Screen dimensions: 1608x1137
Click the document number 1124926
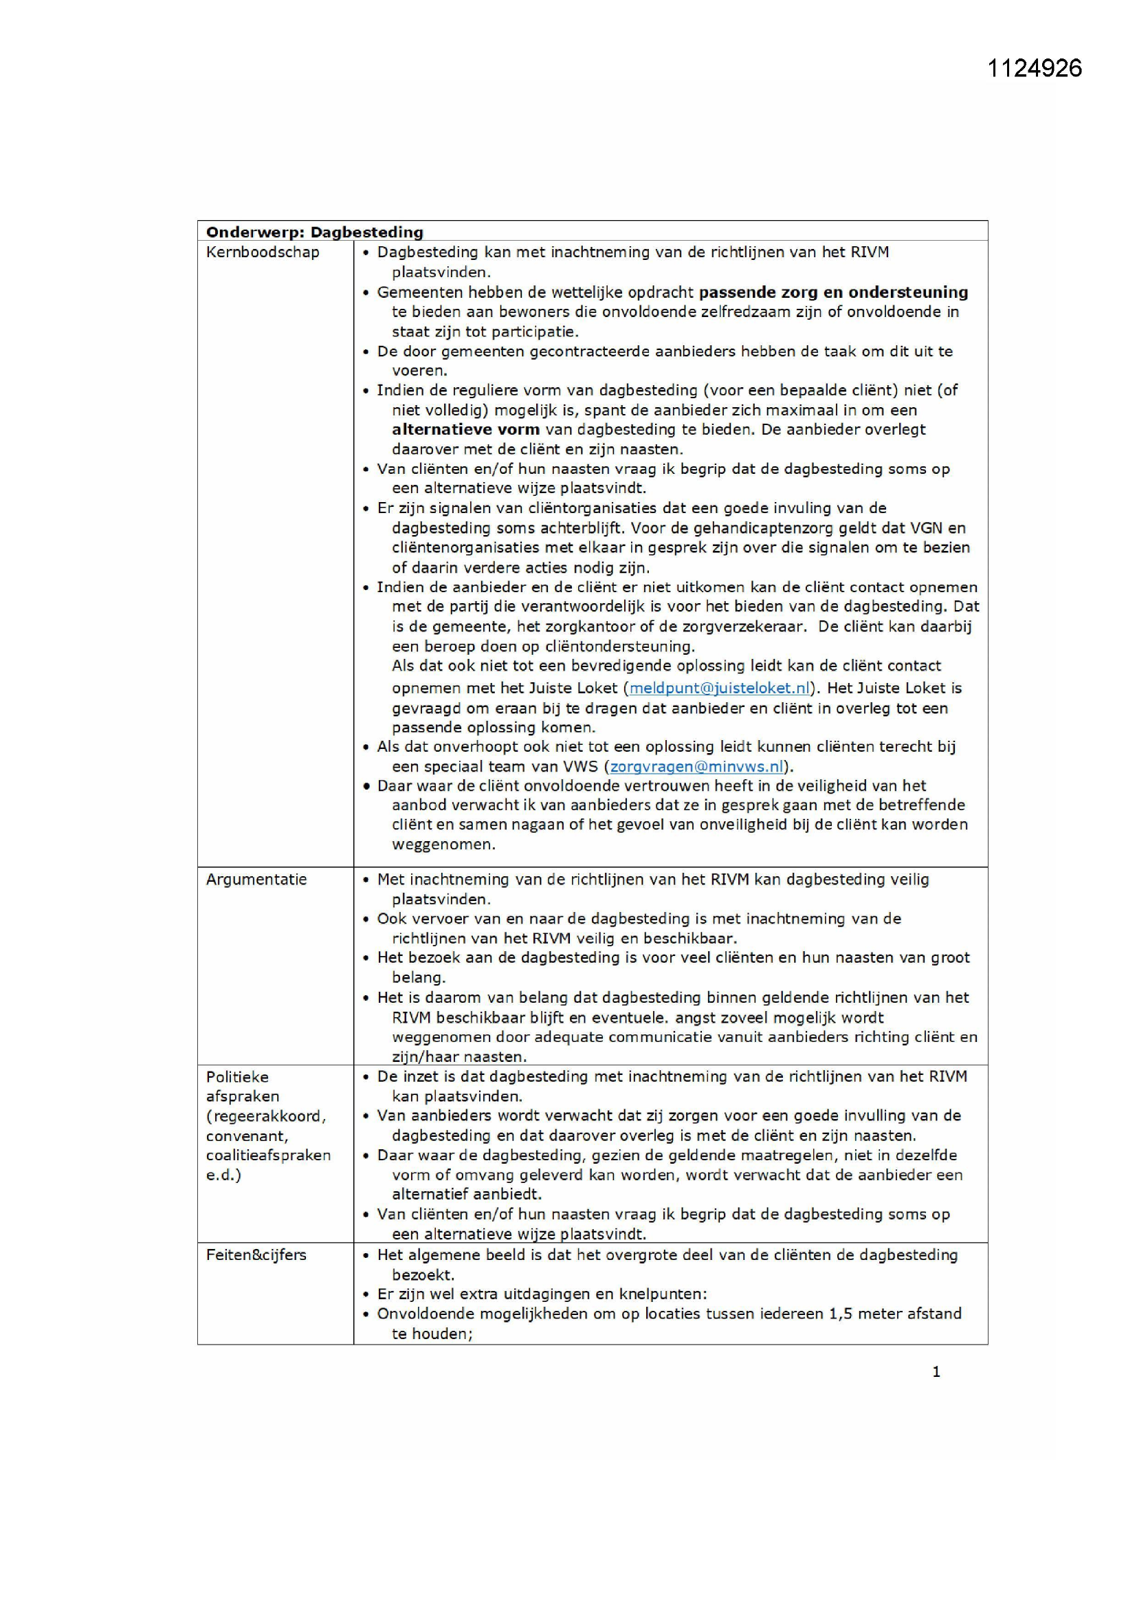(1034, 68)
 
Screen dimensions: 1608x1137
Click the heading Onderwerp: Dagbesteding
(314, 232)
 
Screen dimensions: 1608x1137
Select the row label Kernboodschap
(263, 252)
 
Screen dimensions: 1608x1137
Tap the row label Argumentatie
(256, 880)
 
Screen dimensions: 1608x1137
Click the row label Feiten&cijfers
(256, 1254)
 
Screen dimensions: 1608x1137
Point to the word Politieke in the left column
(236, 1077)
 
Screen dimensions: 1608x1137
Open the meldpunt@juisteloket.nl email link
(720, 688)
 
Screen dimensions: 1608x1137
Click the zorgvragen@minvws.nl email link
(696, 766)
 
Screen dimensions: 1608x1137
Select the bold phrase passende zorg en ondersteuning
(833, 292)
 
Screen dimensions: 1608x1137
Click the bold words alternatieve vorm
(465, 429)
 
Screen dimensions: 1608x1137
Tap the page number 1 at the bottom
(936, 1372)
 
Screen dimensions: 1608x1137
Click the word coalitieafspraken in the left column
(268, 1155)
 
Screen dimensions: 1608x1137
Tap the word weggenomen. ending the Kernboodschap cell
(443, 845)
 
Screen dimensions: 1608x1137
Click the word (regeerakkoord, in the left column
(266, 1116)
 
